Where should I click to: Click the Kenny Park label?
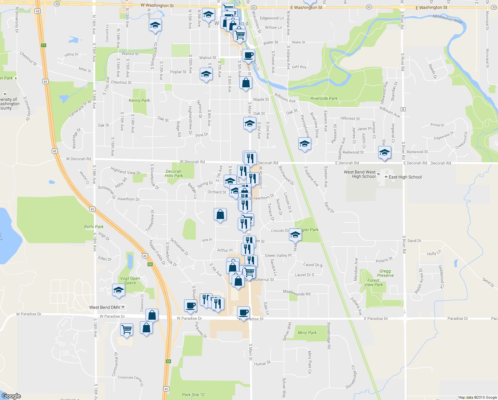[x=139, y=100]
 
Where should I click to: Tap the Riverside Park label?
[x=324, y=98]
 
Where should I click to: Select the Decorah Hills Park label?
[x=174, y=174]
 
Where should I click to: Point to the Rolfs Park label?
[x=94, y=227]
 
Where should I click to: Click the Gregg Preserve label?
[x=385, y=273]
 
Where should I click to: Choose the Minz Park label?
[x=307, y=333]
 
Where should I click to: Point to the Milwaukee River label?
[x=448, y=19]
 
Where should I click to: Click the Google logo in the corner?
[x=11, y=396]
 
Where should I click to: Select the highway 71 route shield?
[x=43, y=45]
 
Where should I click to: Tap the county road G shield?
[x=403, y=109]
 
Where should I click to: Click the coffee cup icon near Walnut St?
[x=248, y=55]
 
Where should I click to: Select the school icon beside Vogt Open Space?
[x=118, y=290]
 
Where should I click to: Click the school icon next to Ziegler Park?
[x=295, y=235]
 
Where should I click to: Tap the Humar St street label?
[x=262, y=363]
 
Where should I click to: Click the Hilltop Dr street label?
[x=71, y=54]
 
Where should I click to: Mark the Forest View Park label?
[x=373, y=283]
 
